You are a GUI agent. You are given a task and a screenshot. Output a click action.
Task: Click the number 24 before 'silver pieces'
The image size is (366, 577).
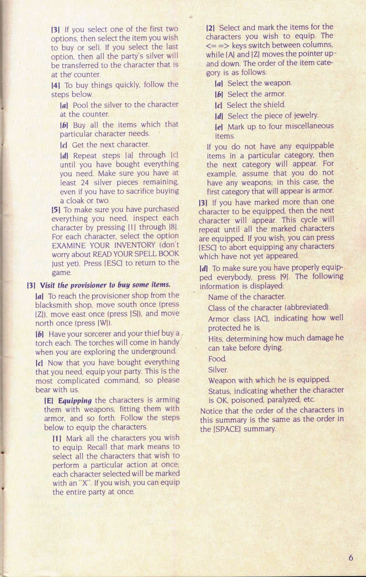(81, 182)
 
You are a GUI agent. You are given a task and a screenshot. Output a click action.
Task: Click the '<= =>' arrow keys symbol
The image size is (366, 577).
(217, 45)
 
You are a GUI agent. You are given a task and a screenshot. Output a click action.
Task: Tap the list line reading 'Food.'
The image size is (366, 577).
(217, 359)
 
